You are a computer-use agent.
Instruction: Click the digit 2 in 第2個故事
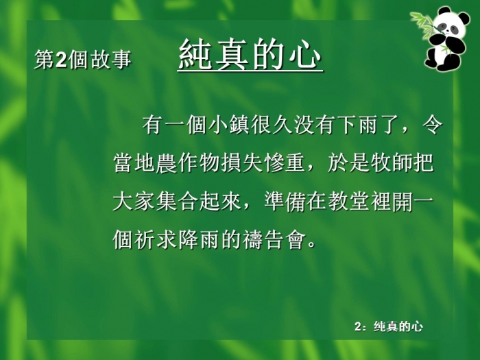[62, 60]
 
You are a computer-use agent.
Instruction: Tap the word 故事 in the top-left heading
[111, 60]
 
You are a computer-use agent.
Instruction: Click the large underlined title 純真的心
[250, 54]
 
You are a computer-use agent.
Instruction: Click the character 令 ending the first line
[433, 125]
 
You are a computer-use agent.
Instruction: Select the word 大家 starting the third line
[134, 202]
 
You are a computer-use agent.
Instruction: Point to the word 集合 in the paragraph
[177, 202]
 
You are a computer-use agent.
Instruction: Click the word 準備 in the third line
[285, 202]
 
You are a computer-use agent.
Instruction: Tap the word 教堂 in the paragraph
[348, 202]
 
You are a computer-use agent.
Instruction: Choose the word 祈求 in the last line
[155, 239]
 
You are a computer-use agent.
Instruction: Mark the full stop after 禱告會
[311, 245]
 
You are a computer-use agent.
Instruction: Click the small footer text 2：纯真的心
[389, 326]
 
